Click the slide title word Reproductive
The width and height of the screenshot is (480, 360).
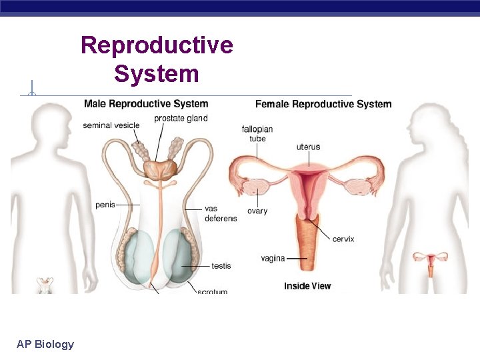pos(157,45)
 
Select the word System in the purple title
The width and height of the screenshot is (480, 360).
pos(157,73)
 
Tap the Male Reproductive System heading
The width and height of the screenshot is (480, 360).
pos(145,104)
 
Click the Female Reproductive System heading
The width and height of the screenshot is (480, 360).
pos(323,104)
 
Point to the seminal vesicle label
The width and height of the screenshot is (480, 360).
pos(111,125)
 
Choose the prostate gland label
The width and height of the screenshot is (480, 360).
pos(181,119)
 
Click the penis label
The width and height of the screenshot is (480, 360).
pos(105,205)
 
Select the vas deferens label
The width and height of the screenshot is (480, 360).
pos(220,213)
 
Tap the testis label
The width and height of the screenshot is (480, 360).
pos(221,266)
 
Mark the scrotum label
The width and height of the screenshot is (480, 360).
pos(212,291)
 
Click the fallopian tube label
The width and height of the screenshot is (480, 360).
pos(254,133)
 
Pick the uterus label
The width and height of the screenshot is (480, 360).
pos(307,147)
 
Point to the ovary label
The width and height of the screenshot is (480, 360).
pos(257,211)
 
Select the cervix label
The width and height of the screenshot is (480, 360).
pos(343,239)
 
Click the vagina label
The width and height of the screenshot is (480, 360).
pos(273,258)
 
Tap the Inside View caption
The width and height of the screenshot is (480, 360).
pos(307,286)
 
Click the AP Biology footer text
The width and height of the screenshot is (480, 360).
pos(45,344)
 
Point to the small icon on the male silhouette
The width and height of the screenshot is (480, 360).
pos(45,285)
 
